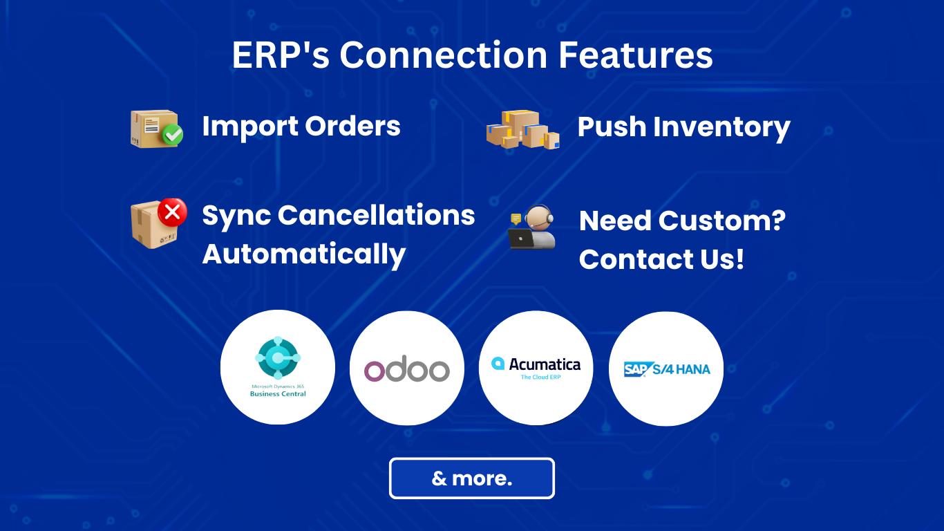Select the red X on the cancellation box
coord(172,212)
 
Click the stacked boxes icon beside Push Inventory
coord(522,129)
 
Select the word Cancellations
coord(376,215)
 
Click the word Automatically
coord(303,254)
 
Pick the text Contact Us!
coord(661,259)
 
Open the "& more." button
coord(472,478)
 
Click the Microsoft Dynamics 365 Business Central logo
coord(278,367)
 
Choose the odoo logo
coord(407,369)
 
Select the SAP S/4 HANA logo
coord(666,369)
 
